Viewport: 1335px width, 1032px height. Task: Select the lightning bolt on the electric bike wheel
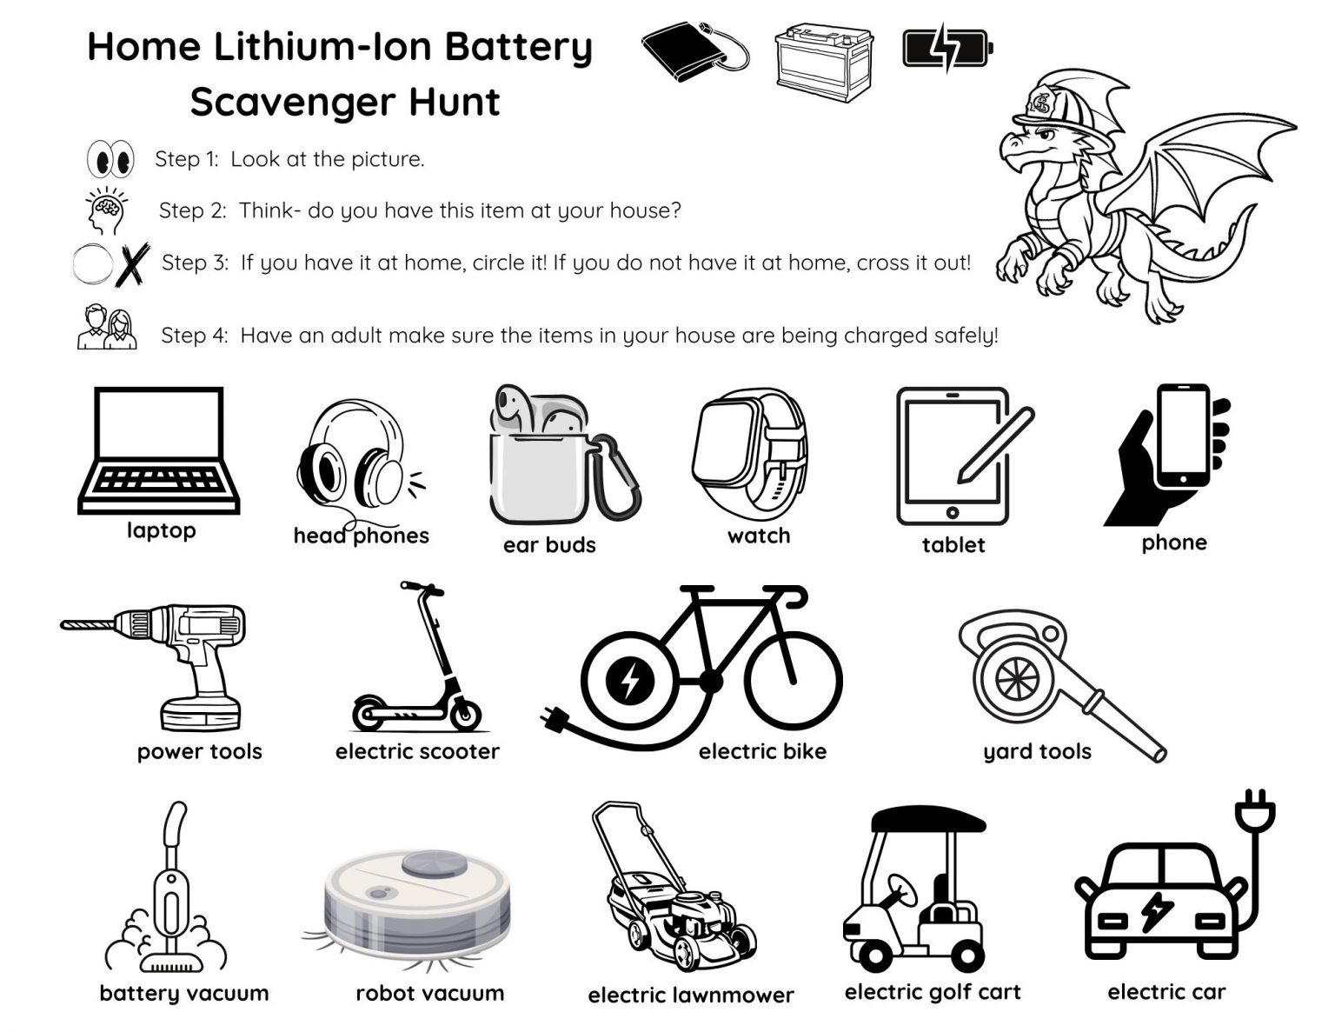(x=630, y=680)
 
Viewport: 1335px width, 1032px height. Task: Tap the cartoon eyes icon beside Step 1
(x=110, y=159)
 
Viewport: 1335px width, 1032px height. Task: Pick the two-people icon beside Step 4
(x=107, y=327)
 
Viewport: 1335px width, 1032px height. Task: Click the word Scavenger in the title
(x=292, y=103)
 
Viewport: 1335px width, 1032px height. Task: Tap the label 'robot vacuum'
(x=430, y=993)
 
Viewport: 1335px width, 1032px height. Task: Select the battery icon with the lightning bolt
(x=948, y=47)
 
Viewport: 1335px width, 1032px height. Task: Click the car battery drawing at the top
(x=824, y=62)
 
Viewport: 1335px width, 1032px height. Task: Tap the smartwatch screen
(x=724, y=443)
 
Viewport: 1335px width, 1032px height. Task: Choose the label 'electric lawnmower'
(x=691, y=995)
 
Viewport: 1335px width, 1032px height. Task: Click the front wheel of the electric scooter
(x=465, y=715)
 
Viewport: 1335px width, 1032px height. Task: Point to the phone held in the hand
(x=1183, y=436)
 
